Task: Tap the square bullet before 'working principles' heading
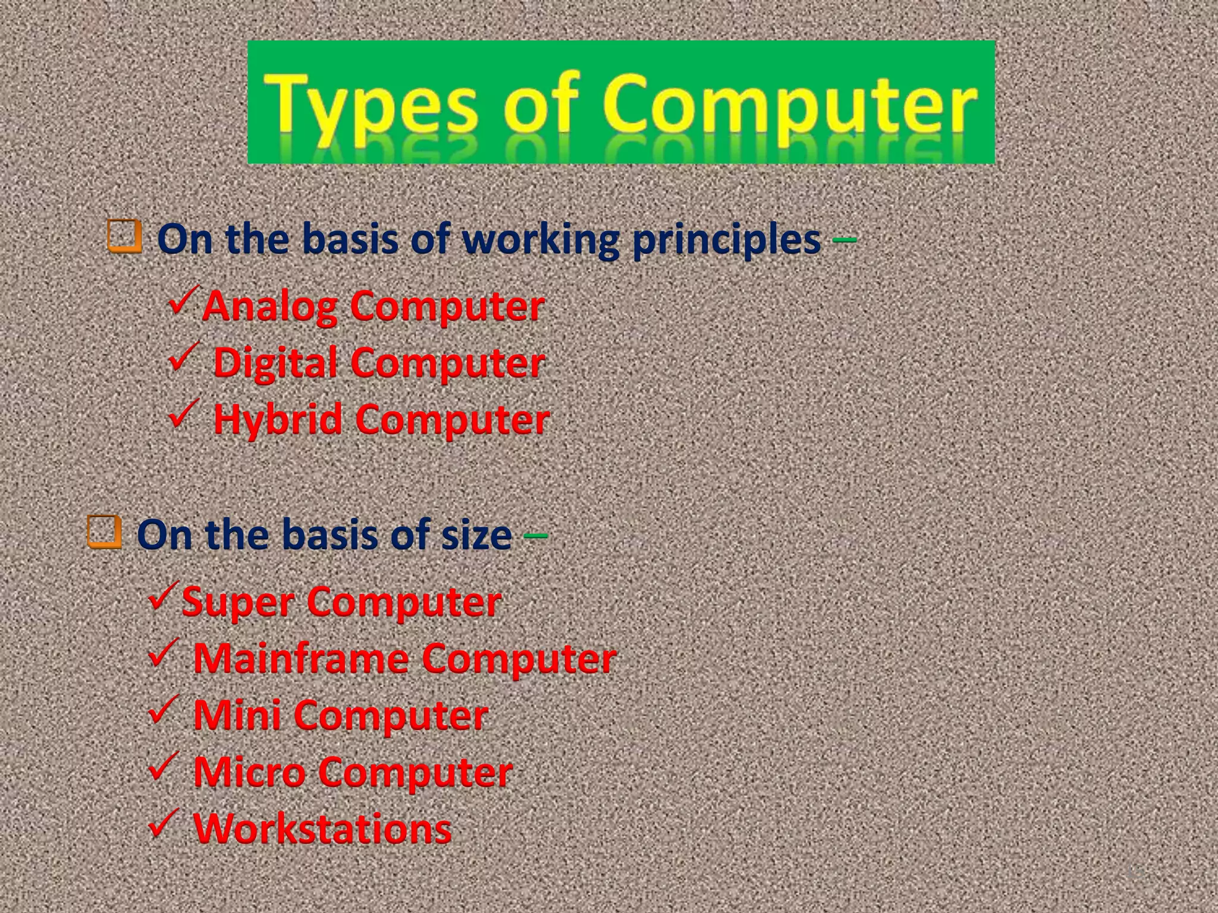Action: [124, 236]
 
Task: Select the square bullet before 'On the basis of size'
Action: [105, 531]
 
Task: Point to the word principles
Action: [726, 240]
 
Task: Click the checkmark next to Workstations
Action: [163, 823]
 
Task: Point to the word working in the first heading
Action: [541, 240]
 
